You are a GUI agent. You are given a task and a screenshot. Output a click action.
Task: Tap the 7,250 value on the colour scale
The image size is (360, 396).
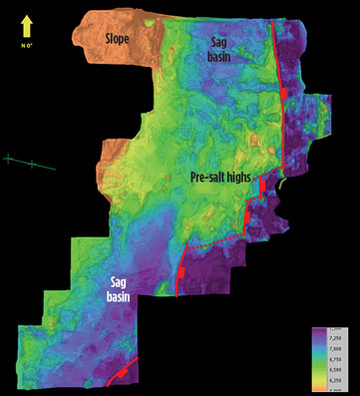[336, 338]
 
